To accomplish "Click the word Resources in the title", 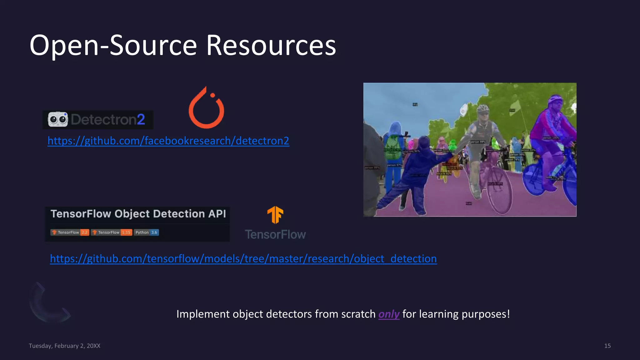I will [x=271, y=46].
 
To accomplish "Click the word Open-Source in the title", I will [x=113, y=46].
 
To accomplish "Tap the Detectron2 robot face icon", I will [x=58, y=119].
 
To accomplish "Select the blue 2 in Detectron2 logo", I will [x=141, y=119].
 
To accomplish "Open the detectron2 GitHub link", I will [x=168, y=141].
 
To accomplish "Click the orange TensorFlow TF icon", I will [x=275, y=215].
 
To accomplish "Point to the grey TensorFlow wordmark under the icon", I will [x=275, y=234].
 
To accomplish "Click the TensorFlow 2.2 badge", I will [x=70, y=232].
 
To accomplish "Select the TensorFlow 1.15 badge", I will [x=112, y=232].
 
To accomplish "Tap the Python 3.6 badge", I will [x=146, y=232].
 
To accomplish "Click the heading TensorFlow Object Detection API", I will [x=138, y=214].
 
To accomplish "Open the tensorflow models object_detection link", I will [x=243, y=259].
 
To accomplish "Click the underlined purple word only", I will [x=389, y=314].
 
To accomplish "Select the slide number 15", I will [x=607, y=346].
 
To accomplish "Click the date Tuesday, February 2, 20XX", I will [x=64, y=346].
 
